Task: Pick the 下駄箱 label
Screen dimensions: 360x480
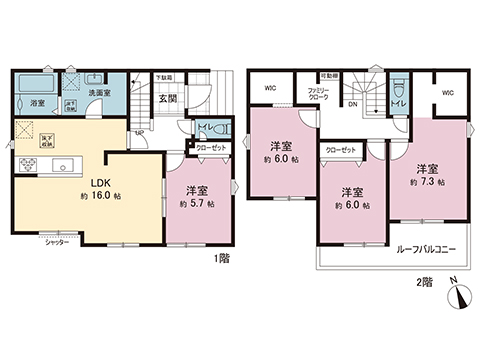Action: point(164,77)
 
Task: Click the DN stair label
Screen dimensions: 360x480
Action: point(354,101)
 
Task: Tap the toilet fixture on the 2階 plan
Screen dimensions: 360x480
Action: point(398,85)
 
